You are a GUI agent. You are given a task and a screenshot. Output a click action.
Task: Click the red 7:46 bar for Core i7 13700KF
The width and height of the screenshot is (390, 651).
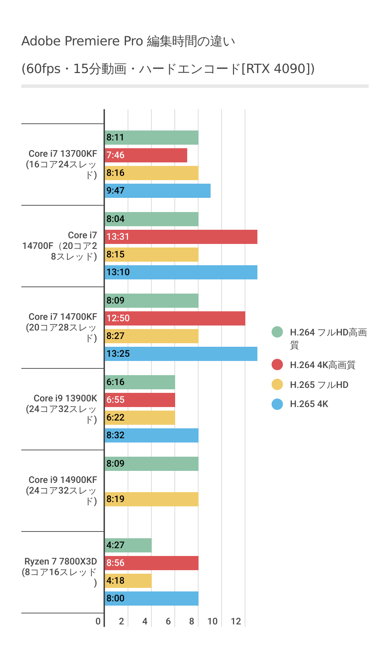coord(146,155)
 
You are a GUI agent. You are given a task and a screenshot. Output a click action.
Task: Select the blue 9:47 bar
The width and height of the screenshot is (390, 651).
coord(158,191)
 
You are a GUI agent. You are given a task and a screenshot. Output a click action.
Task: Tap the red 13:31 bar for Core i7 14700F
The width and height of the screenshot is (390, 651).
coord(181,237)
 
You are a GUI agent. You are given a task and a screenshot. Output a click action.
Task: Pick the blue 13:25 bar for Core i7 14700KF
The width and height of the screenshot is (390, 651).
coord(181,354)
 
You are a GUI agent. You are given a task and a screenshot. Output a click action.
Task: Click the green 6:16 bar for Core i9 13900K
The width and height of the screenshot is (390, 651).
coord(140,382)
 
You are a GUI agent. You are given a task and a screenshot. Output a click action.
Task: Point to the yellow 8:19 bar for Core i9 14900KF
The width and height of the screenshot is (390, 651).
coord(152,499)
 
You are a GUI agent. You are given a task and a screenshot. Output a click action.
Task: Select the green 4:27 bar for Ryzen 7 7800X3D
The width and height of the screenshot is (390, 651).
coord(128,545)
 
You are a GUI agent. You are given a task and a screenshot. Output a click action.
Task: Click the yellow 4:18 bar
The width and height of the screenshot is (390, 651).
coord(128,581)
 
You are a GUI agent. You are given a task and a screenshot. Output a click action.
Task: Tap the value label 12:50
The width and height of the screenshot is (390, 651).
coord(118,318)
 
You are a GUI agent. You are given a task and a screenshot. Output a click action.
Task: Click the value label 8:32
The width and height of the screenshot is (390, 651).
coord(116,435)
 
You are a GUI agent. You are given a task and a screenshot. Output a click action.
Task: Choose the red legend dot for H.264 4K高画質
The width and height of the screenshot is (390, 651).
coord(277,365)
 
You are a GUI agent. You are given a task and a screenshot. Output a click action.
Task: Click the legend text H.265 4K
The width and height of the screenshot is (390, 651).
coord(309,404)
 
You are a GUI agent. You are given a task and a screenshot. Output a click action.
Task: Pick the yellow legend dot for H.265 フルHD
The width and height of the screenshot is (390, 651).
coord(277,384)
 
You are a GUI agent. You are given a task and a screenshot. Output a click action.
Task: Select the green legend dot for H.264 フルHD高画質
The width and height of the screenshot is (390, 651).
coord(277,332)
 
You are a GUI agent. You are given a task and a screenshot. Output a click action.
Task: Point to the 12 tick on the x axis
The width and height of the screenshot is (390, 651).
coord(236,621)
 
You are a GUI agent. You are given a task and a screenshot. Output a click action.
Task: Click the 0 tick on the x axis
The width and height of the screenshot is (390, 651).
coord(98,621)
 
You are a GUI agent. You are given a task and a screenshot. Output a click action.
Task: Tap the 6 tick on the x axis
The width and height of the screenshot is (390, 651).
coord(168,621)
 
